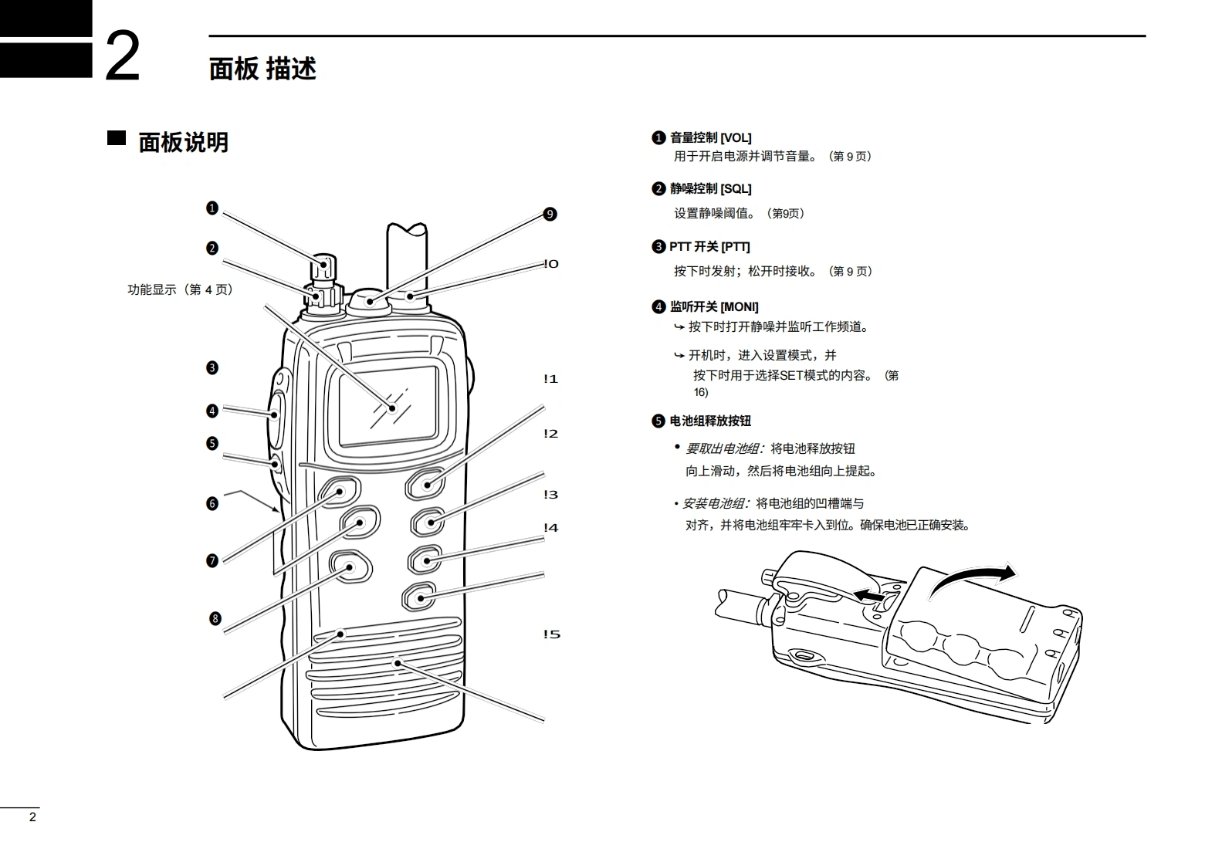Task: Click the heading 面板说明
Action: click(x=183, y=143)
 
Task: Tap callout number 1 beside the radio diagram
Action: click(x=212, y=208)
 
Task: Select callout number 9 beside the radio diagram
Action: click(x=550, y=215)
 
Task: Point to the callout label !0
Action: click(x=550, y=264)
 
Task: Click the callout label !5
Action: click(x=550, y=634)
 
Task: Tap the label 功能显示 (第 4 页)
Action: click(x=180, y=289)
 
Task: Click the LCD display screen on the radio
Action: click(x=388, y=405)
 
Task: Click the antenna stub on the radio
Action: click(x=406, y=255)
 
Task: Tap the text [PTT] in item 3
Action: click(x=735, y=247)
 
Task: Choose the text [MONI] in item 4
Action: click(x=739, y=307)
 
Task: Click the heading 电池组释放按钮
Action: click(x=710, y=421)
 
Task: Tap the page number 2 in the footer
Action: click(x=32, y=817)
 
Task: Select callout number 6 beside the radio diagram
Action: click(x=212, y=504)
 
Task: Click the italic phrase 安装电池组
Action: click(x=714, y=504)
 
